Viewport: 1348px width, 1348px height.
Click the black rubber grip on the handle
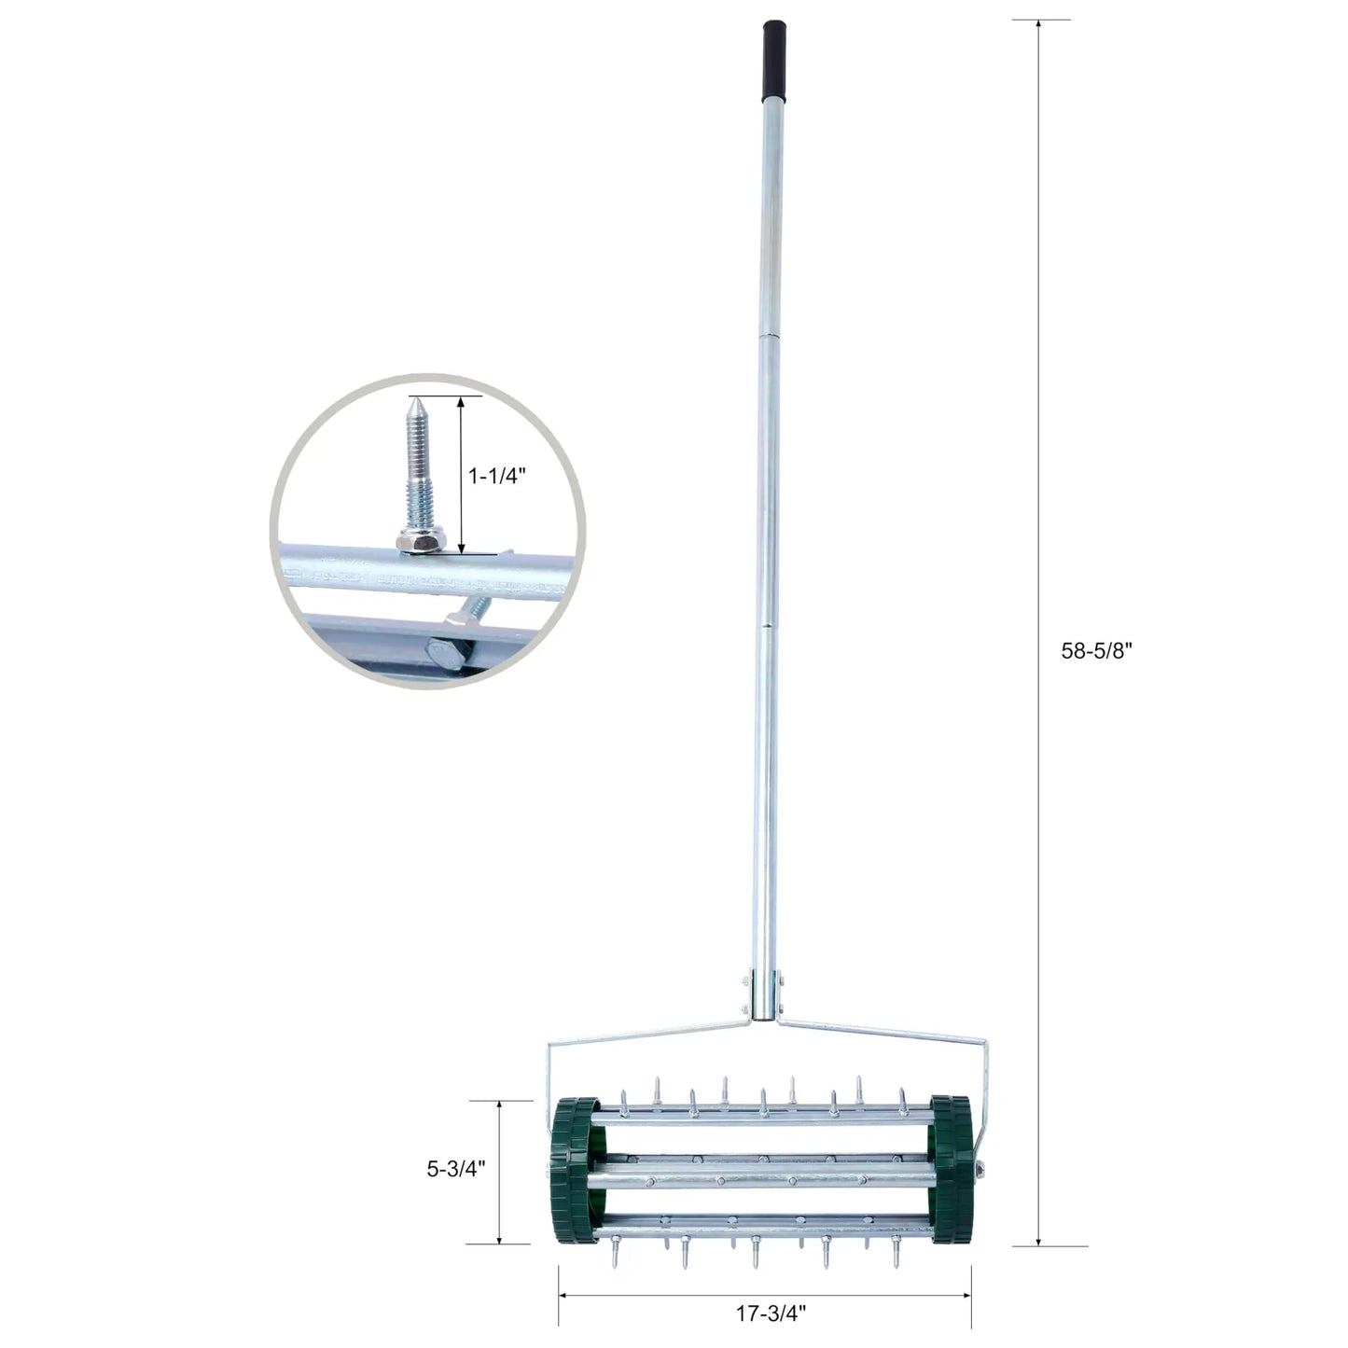pos(773,60)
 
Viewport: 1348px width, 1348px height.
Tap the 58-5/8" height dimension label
pos(1096,652)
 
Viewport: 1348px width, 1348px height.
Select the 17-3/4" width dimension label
pos(770,1313)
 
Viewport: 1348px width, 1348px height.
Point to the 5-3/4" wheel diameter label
pos(456,1169)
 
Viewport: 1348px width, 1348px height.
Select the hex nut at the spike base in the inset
pos(414,539)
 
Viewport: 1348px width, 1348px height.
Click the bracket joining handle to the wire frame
pos(764,995)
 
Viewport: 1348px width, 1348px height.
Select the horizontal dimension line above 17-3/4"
pos(765,1295)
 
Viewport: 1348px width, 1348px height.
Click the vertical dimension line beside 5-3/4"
pos(501,1172)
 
